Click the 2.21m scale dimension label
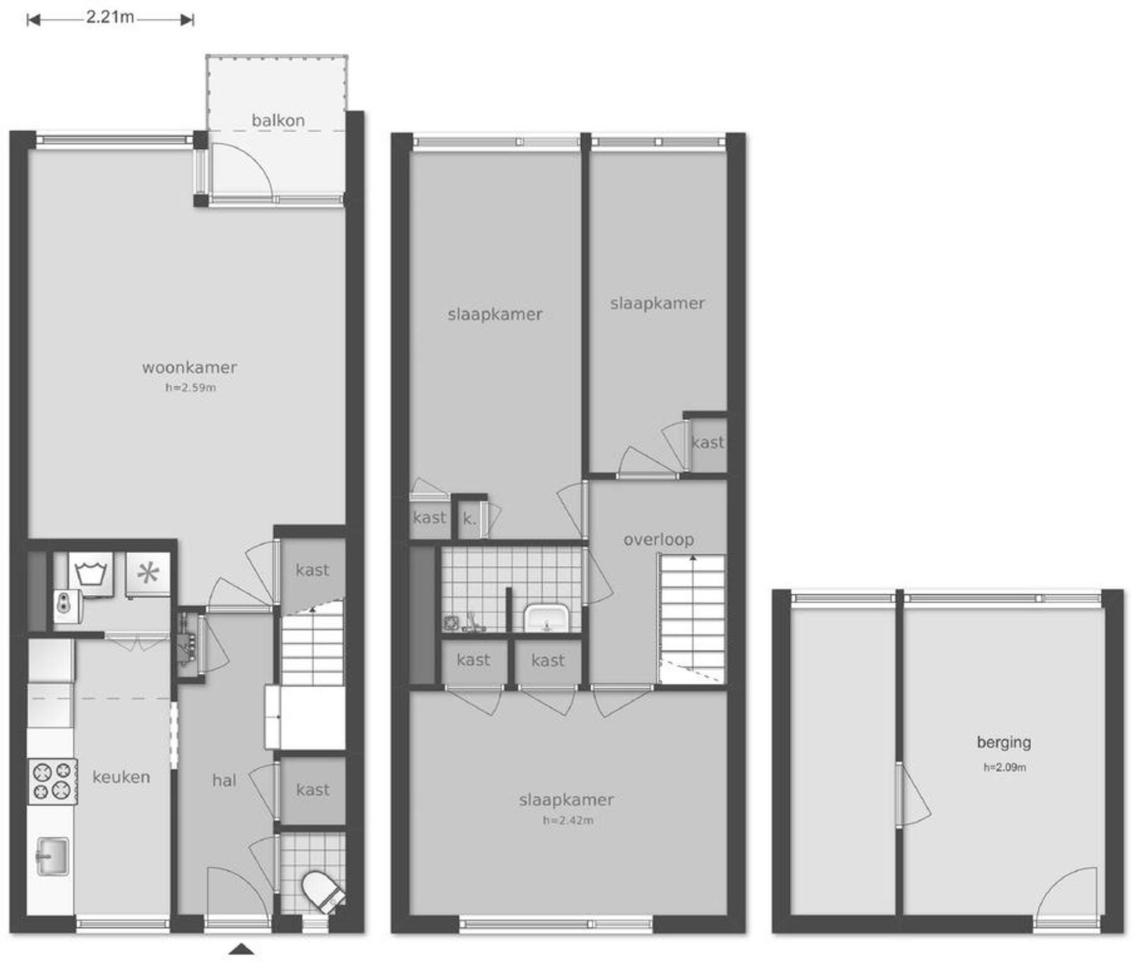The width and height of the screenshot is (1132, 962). [x=110, y=17]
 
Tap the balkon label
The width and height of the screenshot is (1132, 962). [x=278, y=120]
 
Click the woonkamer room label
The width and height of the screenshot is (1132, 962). [x=190, y=367]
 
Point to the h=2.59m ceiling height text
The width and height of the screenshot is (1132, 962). [x=190, y=387]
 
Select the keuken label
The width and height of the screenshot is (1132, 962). [x=121, y=777]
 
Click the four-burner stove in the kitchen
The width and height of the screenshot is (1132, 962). [x=52, y=782]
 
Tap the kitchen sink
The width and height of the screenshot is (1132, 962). [x=52, y=856]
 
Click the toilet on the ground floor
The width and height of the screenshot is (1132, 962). [x=323, y=891]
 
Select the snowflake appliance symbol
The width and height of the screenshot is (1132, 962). [x=148, y=573]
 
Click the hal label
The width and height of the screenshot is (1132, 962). [x=224, y=780]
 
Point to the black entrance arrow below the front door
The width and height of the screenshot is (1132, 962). [x=241, y=949]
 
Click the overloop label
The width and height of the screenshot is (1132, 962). [x=658, y=539]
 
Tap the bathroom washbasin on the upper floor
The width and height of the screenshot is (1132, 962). [x=546, y=618]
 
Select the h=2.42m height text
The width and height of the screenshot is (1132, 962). [x=568, y=821]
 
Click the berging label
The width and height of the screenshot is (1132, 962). [x=1004, y=742]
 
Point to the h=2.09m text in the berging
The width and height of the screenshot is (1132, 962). [x=1005, y=767]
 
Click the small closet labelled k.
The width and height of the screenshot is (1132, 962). [x=469, y=519]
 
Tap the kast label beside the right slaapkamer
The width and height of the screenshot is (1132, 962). [x=707, y=442]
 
